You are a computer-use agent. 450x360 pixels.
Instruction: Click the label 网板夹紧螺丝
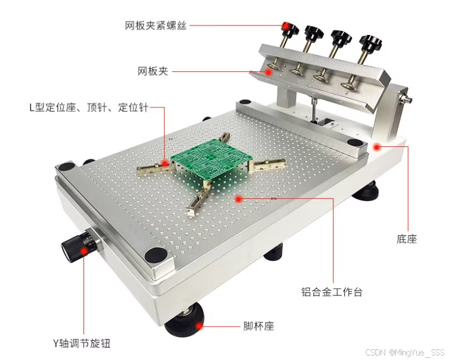[155, 25]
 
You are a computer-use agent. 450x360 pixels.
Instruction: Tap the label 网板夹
[152, 71]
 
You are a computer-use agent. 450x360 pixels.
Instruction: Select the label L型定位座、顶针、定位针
[89, 107]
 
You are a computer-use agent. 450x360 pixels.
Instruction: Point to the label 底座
[407, 238]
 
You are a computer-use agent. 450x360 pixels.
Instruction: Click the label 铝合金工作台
[332, 292]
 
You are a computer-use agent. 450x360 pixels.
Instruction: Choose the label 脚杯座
[259, 326]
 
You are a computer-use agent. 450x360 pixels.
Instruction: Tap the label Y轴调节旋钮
[82, 343]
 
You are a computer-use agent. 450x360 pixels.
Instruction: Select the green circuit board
[212, 160]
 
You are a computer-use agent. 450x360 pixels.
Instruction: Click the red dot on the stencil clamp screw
[286, 26]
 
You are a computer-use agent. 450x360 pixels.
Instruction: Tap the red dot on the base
[377, 148]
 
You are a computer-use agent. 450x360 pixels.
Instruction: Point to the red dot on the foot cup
[199, 326]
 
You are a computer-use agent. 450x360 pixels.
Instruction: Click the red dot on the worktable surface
[238, 198]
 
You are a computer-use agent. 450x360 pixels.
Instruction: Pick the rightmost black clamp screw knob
[371, 42]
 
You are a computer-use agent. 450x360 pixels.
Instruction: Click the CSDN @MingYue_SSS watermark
[405, 352]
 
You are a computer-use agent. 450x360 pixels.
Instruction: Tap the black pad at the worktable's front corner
[156, 255]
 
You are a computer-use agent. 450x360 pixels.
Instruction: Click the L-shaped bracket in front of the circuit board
[199, 198]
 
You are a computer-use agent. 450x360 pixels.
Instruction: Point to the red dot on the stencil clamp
[269, 72]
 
